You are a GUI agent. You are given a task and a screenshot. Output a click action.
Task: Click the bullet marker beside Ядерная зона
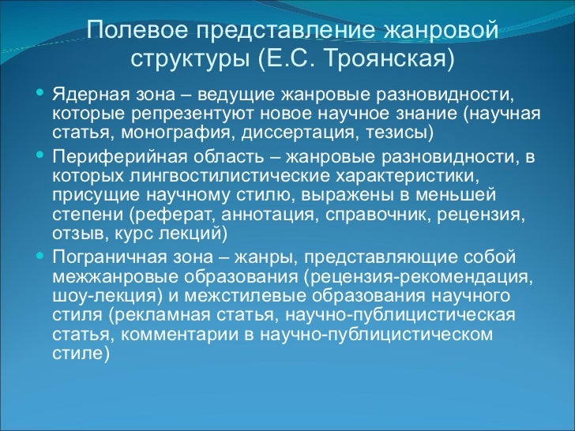coord(39,95)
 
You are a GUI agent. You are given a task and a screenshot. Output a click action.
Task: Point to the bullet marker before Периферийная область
coord(39,155)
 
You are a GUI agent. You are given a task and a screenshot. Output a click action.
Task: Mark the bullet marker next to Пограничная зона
coord(39,256)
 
